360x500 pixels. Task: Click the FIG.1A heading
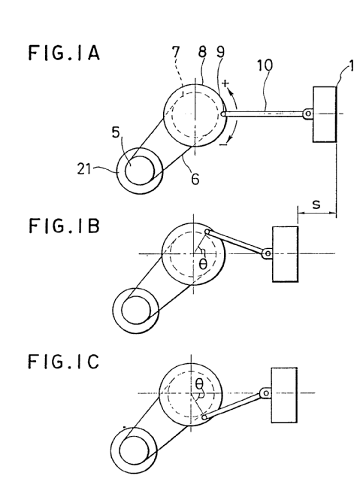[x=64, y=53]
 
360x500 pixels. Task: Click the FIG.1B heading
[x=64, y=226]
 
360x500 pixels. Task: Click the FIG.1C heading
[x=63, y=362]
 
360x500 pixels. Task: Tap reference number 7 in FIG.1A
[x=176, y=53]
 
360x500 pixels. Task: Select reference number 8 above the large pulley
[x=202, y=51]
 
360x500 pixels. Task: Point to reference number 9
[x=220, y=52]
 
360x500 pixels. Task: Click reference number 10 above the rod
[x=265, y=65]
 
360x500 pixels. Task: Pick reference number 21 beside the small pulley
[x=84, y=168]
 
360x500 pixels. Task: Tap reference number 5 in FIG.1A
[x=116, y=132]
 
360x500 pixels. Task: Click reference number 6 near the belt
[x=195, y=179]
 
